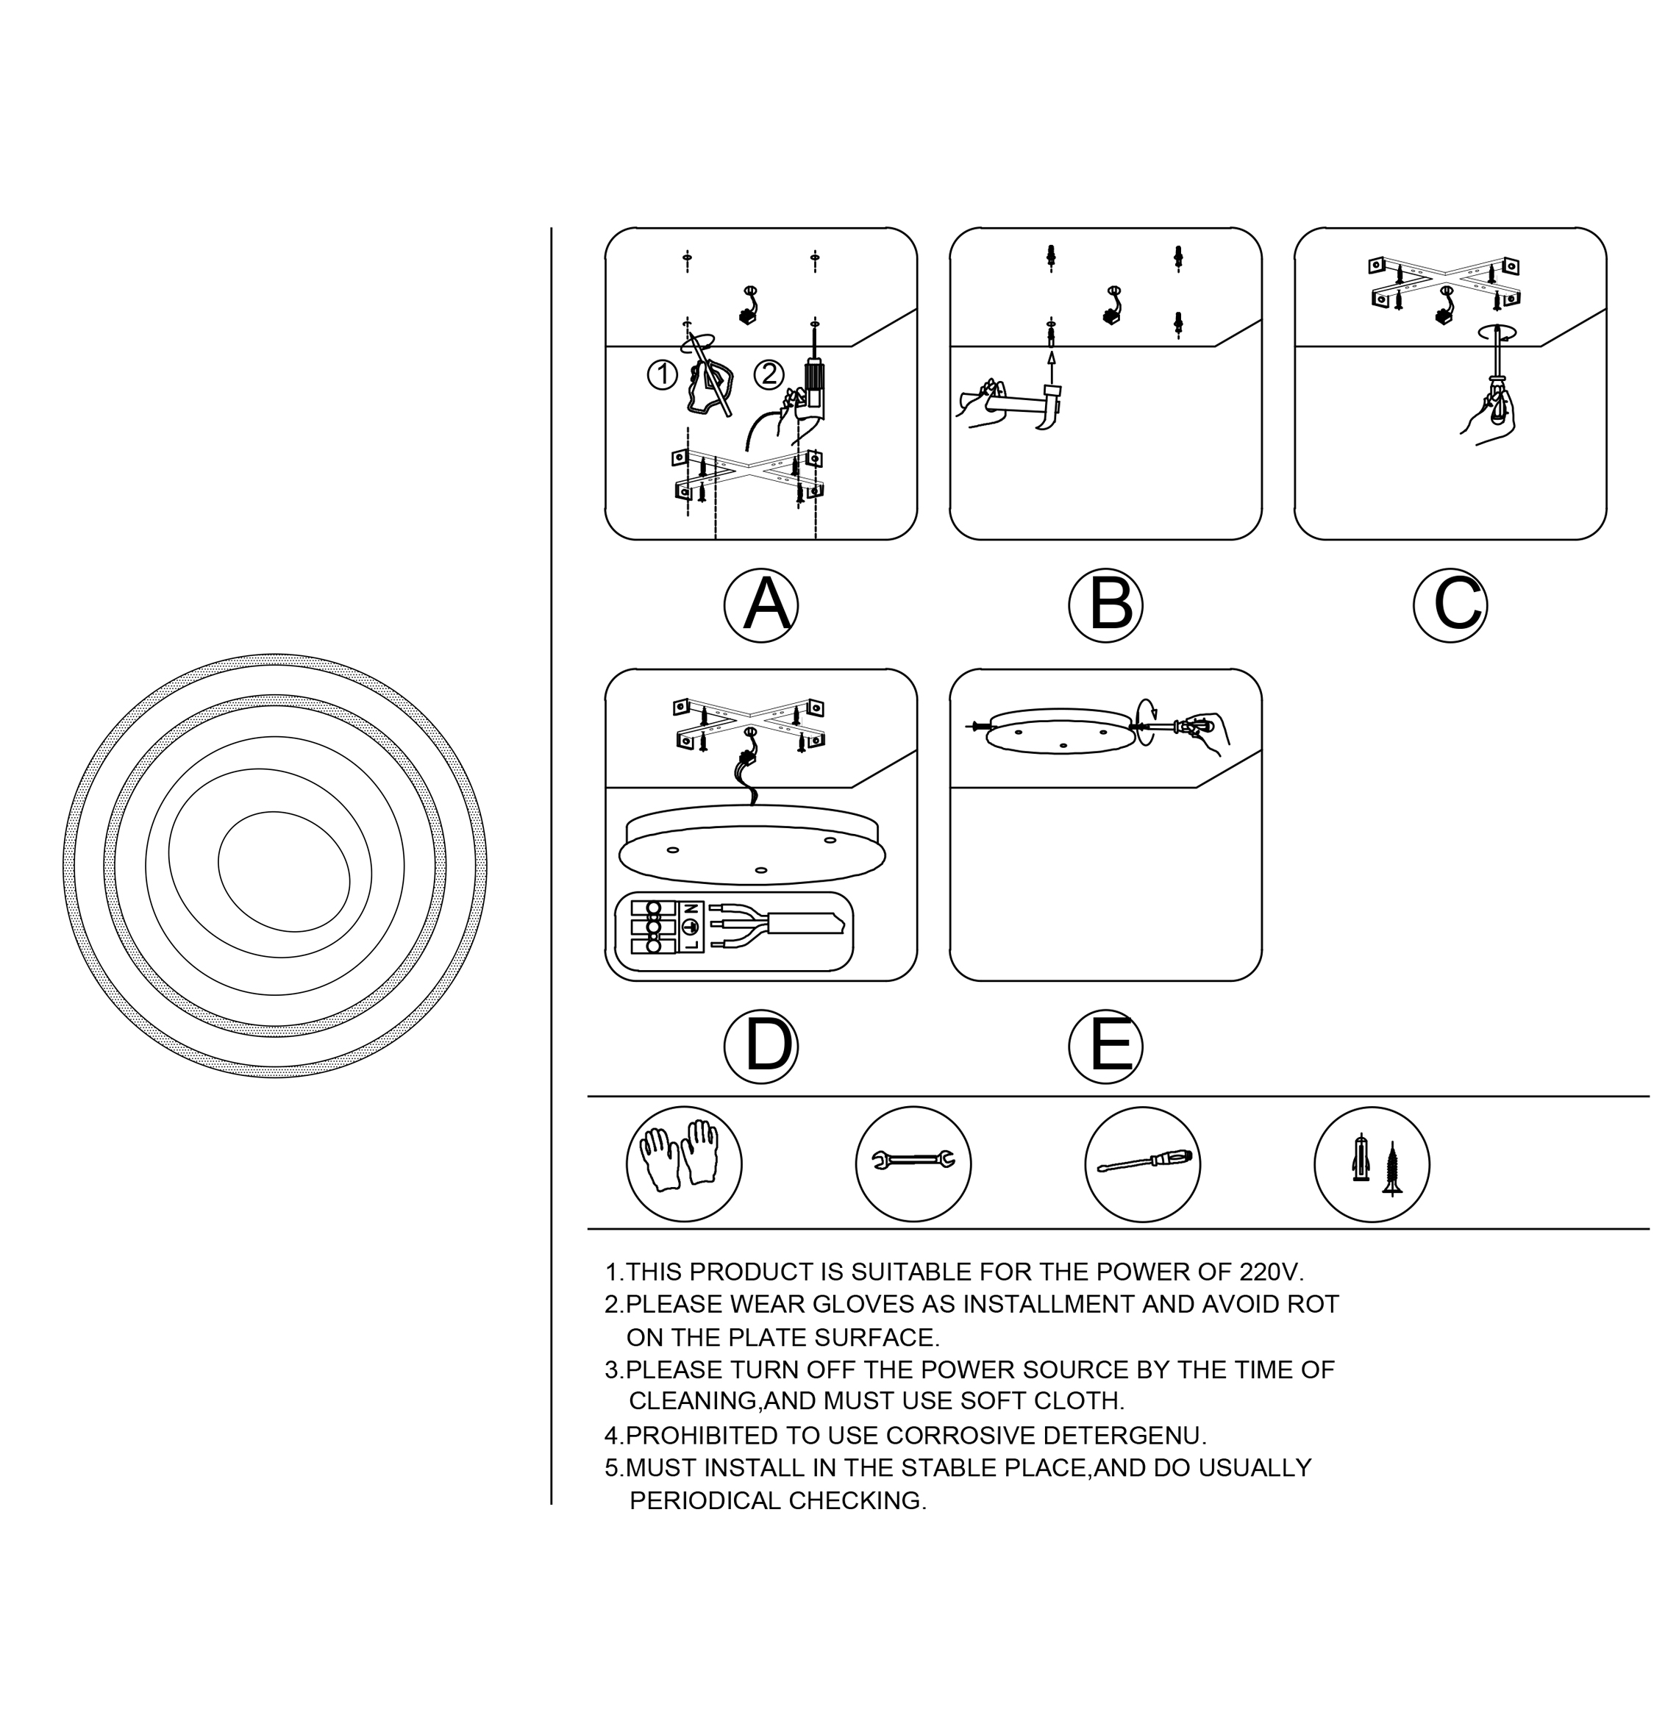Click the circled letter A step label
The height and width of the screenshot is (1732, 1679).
[761, 605]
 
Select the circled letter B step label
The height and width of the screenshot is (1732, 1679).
[1105, 605]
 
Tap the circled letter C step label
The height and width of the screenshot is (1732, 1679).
[1450, 605]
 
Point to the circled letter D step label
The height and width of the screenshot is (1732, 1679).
[761, 1047]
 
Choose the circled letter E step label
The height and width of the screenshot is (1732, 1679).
[1105, 1047]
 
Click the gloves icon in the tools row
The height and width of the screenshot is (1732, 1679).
[684, 1163]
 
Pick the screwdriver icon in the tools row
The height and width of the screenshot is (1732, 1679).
[1143, 1163]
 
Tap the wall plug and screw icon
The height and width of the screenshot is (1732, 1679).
[1372, 1163]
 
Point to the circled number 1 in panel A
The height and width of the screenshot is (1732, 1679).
[662, 374]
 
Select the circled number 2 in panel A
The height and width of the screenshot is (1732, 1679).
[769, 374]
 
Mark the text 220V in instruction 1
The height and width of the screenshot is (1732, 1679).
[1271, 1272]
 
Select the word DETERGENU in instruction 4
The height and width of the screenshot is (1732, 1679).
[1124, 1435]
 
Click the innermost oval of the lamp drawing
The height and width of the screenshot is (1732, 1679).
[284, 872]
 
